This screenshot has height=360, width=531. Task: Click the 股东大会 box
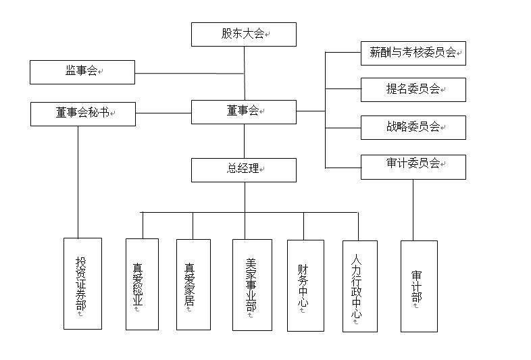tap(243, 34)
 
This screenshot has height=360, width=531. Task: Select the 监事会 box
tap(82, 72)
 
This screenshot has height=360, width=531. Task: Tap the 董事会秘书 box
tap(83, 113)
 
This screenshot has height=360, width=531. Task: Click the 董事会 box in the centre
tap(243, 111)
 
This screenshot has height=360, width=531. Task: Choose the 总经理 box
tap(243, 170)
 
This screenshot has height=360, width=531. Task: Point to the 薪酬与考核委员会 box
tap(413, 53)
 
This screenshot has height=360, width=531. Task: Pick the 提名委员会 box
tap(413, 89)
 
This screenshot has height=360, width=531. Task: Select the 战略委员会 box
tap(413, 127)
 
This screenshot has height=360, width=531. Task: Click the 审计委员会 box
tap(413, 166)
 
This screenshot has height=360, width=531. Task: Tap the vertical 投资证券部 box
tap(82, 283)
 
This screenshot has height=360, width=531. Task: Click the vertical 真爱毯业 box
tap(142, 284)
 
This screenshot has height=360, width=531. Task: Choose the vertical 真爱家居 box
tap(193, 284)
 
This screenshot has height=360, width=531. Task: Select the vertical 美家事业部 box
tap(252, 284)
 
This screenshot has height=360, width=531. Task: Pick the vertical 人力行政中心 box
tap(359, 286)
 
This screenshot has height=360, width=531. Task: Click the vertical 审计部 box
tap(419, 286)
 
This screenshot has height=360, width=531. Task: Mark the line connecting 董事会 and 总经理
tap(245, 140)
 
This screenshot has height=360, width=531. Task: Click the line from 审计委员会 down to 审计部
tap(413, 209)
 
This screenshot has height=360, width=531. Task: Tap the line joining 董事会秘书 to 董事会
tap(163, 113)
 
